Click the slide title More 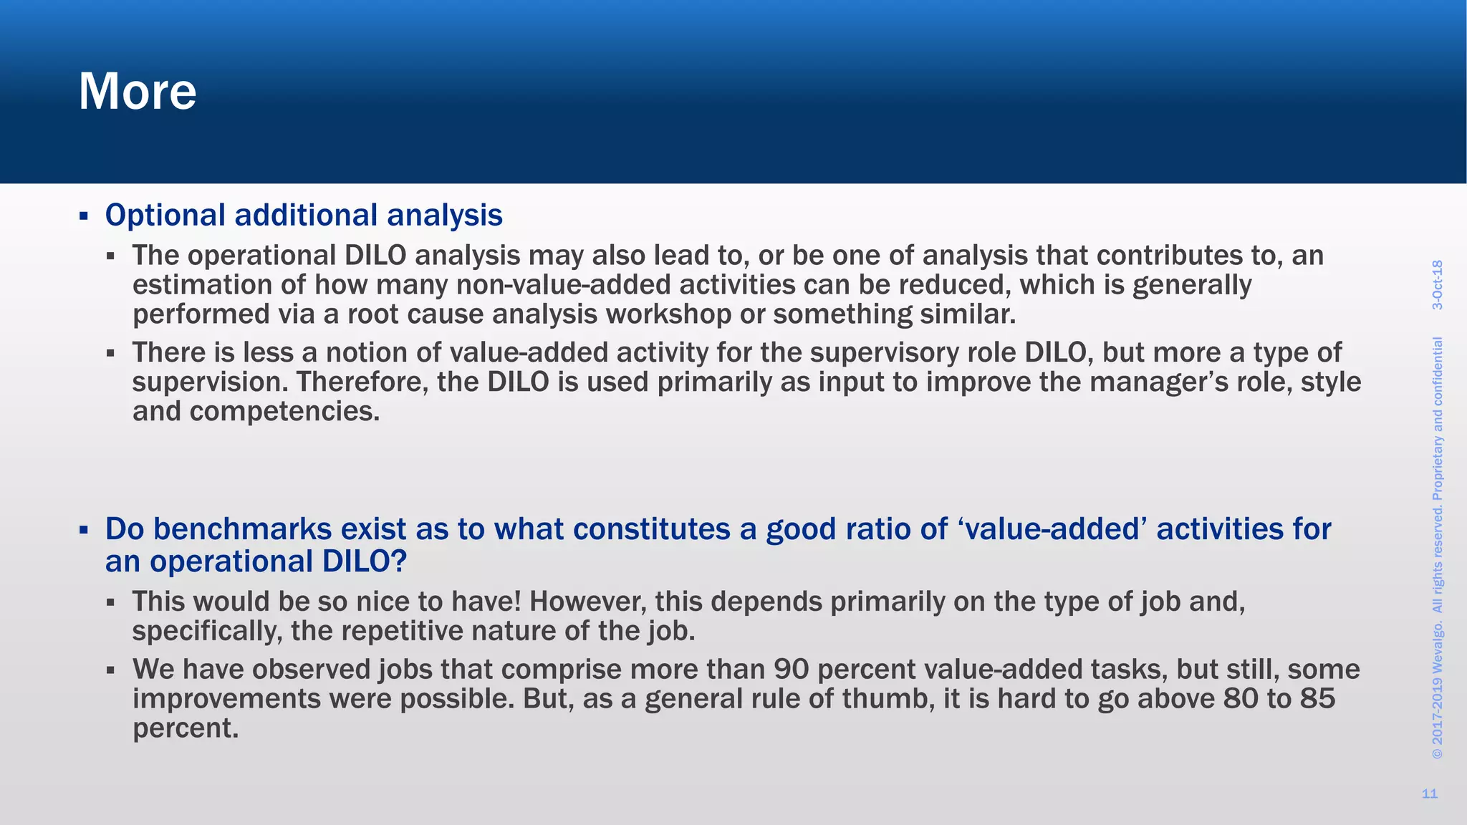pyautogui.click(x=137, y=92)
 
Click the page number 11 pyautogui.click(x=1429, y=793)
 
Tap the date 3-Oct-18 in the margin pyautogui.click(x=1437, y=285)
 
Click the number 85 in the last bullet pyautogui.click(x=1317, y=699)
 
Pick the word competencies pyautogui.click(x=284, y=412)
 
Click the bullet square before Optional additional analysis pyautogui.click(x=84, y=216)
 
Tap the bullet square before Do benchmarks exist pyautogui.click(x=84, y=531)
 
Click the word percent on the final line pyautogui.click(x=186, y=728)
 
